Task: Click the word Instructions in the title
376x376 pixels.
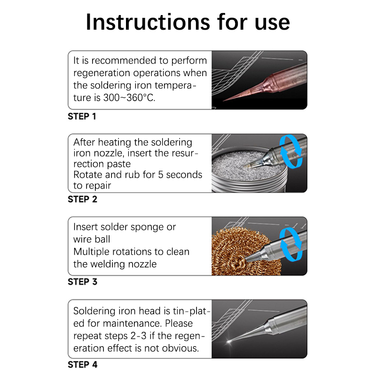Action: [148, 22]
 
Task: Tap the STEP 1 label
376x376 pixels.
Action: [82, 116]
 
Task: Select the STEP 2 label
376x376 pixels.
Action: [83, 199]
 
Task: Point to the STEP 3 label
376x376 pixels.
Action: [83, 282]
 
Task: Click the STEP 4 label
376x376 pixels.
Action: [83, 365]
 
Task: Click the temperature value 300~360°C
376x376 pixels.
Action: [129, 98]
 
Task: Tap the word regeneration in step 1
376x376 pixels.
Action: [102, 73]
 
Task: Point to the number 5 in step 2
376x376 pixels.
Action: [161, 175]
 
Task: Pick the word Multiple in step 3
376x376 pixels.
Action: [91, 252]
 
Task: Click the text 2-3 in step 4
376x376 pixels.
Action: [138, 336]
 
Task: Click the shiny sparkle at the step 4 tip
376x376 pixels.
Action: [229, 342]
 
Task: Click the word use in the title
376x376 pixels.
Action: [273, 23]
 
